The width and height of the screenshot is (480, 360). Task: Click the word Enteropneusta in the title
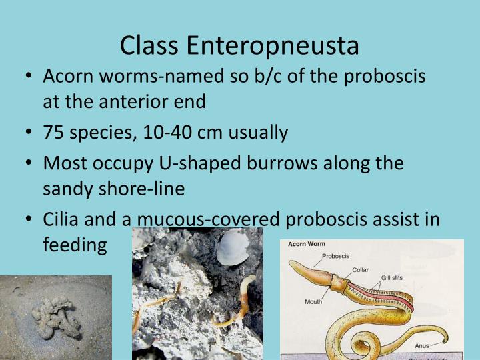273,45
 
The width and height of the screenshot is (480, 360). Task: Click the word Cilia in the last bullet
63,220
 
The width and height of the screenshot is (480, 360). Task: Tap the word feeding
75,245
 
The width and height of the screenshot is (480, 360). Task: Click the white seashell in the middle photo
233,247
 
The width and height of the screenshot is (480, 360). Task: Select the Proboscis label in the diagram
335,255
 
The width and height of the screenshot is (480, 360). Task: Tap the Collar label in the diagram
361,269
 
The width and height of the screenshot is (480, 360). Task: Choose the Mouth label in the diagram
313,301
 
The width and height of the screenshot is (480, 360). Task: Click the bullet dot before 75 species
29,133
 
